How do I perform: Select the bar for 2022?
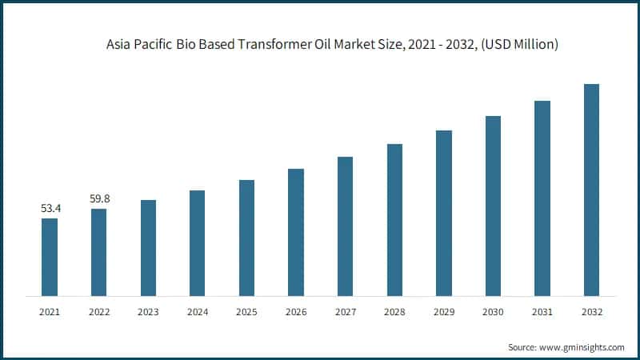tap(98, 252)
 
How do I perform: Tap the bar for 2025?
tap(246, 238)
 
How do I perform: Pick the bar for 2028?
tap(394, 220)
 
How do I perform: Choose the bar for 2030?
tap(493, 206)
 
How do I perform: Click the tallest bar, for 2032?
tap(591, 190)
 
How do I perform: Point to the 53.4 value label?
tap(50, 208)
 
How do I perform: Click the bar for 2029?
tap(443, 213)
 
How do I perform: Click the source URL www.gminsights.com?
tap(581, 347)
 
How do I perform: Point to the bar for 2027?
tap(345, 226)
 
